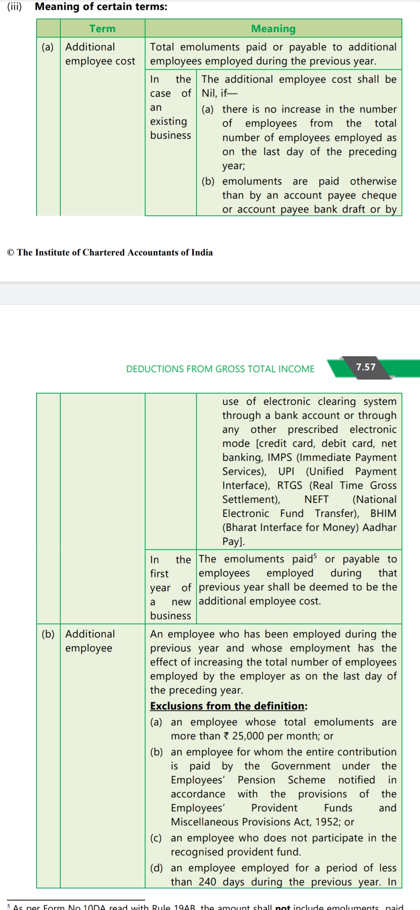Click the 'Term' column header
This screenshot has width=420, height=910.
pos(102,29)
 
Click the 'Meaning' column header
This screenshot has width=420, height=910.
pos(273,29)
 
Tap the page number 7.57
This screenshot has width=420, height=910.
pos(366,367)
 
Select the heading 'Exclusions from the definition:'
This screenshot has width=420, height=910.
pos(229,706)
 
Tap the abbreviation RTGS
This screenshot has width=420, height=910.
pos(289,485)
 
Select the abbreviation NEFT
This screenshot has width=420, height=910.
pos(316,499)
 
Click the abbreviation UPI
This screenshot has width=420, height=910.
pos(286,471)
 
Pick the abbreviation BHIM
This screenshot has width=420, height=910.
pos(383,513)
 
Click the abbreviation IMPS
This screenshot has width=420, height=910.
pos(279,457)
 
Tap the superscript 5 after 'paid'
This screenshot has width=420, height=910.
pos(315,556)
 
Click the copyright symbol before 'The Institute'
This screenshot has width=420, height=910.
pos(10,253)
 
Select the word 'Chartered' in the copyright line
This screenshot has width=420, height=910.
pos(104,253)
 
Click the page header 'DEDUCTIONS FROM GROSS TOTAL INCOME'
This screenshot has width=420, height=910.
pos(220,369)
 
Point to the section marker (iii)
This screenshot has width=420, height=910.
pos(14,7)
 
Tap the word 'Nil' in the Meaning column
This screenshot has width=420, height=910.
pos(209,93)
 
